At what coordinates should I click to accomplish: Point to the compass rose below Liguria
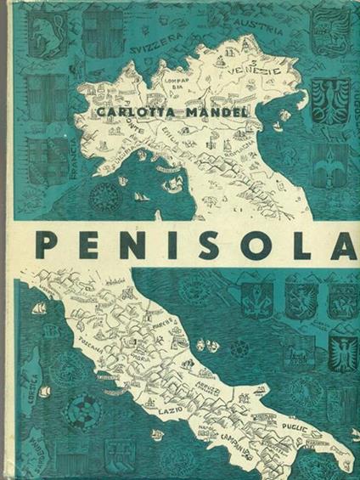point(106,188)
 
